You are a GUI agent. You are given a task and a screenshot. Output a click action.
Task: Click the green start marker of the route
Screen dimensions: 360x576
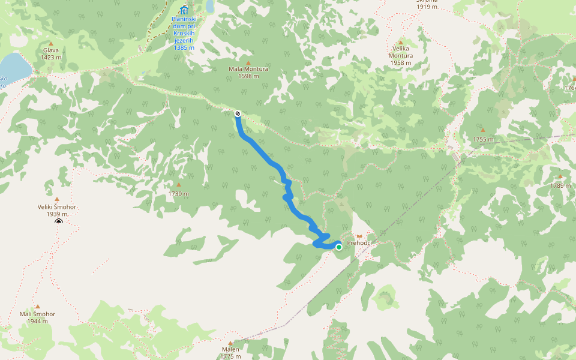click(x=339, y=247)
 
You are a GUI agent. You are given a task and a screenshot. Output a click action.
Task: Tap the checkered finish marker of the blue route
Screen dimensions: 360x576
click(x=238, y=113)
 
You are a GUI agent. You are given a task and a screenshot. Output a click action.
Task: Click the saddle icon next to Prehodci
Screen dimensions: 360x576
click(x=359, y=236)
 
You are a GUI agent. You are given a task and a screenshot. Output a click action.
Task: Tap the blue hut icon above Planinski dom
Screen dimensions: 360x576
click(x=184, y=10)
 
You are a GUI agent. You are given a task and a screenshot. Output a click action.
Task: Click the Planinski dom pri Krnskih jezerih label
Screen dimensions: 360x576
click(x=184, y=33)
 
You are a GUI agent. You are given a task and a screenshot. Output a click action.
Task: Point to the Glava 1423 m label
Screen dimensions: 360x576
click(x=51, y=54)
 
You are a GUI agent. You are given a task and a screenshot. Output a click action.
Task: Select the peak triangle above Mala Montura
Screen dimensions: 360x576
click(x=248, y=62)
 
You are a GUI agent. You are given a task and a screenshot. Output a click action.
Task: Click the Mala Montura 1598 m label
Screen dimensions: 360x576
click(x=248, y=72)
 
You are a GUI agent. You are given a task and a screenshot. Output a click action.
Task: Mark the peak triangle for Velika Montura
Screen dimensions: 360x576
click(x=400, y=42)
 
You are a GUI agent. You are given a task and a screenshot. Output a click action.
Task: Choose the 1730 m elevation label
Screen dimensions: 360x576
click(x=178, y=194)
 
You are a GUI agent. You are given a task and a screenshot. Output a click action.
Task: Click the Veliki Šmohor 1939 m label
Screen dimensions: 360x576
click(x=57, y=210)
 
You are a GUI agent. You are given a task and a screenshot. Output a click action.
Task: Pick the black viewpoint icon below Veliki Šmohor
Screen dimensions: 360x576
click(x=59, y=223)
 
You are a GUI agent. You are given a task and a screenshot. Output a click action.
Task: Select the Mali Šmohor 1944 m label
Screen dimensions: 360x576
click(x=37, y=317)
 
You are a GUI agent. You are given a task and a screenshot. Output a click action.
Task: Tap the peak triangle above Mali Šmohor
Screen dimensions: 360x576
click(x=37, y=306)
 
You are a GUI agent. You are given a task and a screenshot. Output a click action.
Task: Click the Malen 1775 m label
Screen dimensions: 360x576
click(x=230, y=353)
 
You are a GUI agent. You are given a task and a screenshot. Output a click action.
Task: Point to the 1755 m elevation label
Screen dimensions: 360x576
click(x=483, y=139)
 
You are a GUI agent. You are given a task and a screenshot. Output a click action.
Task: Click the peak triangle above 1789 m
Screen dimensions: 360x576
click(x=560, y=176)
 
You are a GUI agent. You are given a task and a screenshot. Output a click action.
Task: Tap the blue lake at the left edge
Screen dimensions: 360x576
click(x=13, y=66)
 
